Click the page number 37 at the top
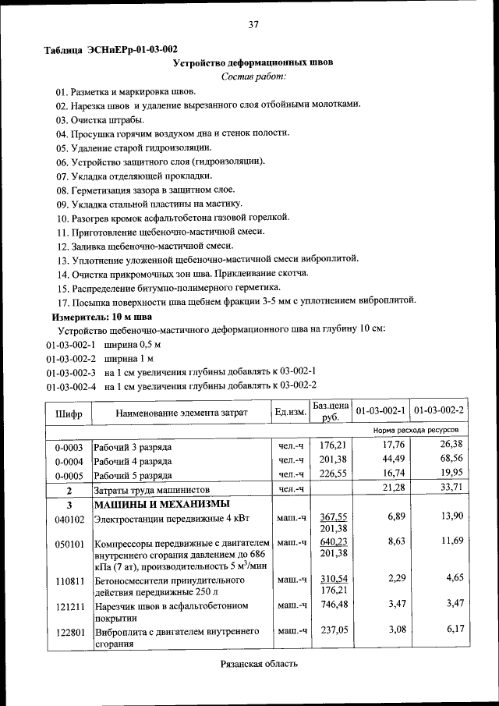[x=253, y=24]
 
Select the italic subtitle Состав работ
[x=253, y=76]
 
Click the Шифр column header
[x=69, y=411]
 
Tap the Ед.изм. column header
[x=289, y=411]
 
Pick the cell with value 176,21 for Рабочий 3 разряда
[x=331, y=445]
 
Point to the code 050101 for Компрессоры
[x=69, y=543]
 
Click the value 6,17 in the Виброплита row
[x=451, y=630]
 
